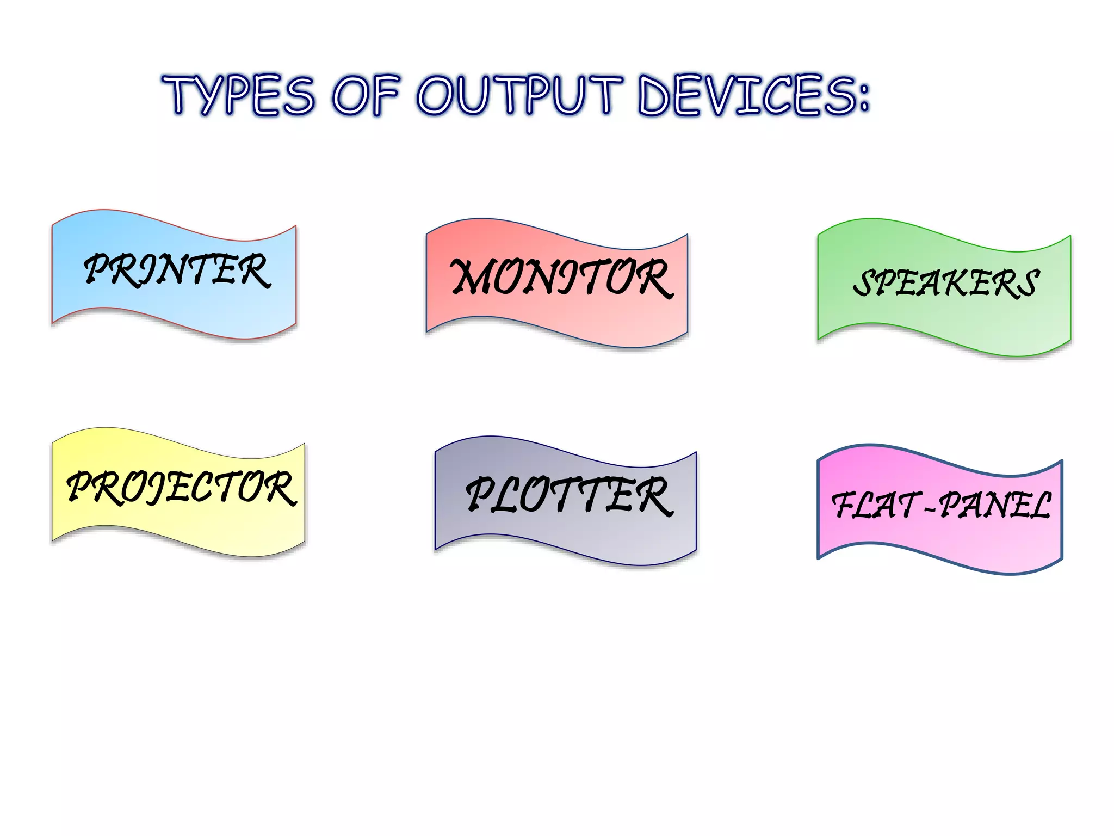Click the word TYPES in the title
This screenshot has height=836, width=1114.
pos(238,95)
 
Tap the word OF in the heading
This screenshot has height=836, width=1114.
pos(366,95)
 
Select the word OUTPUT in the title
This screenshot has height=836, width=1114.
pos(519,95)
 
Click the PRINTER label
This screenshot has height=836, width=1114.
pos(177,271)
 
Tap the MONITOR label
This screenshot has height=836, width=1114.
pos(561,278)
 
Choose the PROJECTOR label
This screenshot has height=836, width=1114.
pos(181,488)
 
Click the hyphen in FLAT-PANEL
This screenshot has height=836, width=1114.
pos(930,509)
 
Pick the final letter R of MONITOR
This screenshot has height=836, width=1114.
pos(653,279)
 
